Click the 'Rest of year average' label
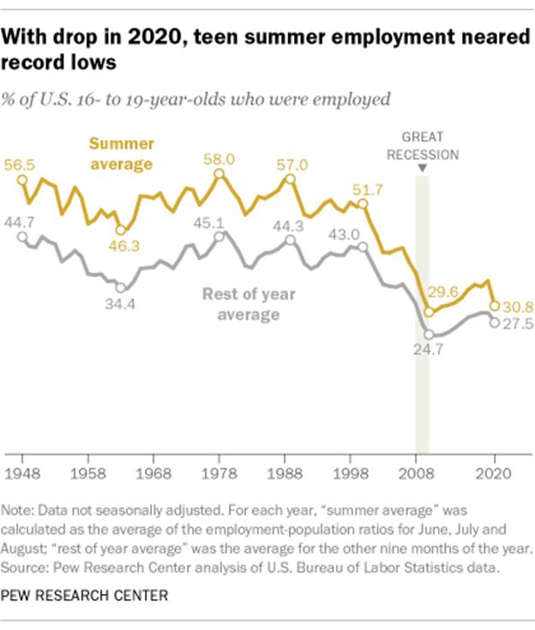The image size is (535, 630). pos(248,305)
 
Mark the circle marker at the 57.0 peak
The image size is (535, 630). pos(290,179)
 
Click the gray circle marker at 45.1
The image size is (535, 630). pos(219,235)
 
